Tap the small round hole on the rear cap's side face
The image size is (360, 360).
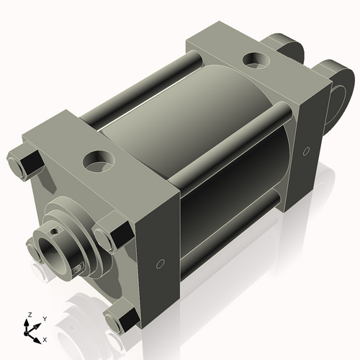(x=307, y=151)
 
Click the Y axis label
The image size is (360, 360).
(x=45, y=318)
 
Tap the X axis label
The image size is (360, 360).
(x=45, y=338)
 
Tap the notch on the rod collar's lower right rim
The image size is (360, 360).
(x=78, y=270)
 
